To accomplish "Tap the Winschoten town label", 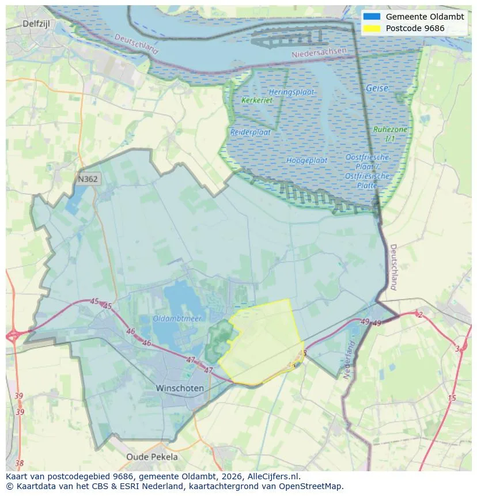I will pyautogui.click(x=180, y=388).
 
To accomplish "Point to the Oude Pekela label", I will pyautogui.click(x=152, y=457).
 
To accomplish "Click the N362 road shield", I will pyautogui.click(x=88, y=179).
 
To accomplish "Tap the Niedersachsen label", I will pyautogui.click(x=319, y=52).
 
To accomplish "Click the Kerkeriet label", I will pyautogui.click(x=257, y=100).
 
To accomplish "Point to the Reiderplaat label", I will pyautogui.click(x=251, y=132).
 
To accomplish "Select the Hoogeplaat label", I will pyautogui.click(x=306, y=160).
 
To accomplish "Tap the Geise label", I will pyautogui.click(x=377, y=88).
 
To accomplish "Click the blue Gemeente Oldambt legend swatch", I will pyautogui.click(x=372, y=17).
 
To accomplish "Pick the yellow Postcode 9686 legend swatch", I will pyautogui.click(x=372, y=28).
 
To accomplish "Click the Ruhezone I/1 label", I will pyautogui.click(x=390, y=134).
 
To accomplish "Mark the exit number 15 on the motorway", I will pyautogui.click(x=452, y=398).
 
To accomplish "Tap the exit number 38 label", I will pyautogui.click(x=20, y=463).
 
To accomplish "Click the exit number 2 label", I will pyautogui.click(x=420, y=315).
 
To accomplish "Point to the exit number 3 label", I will pyautogui.click(x=457, y=349).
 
